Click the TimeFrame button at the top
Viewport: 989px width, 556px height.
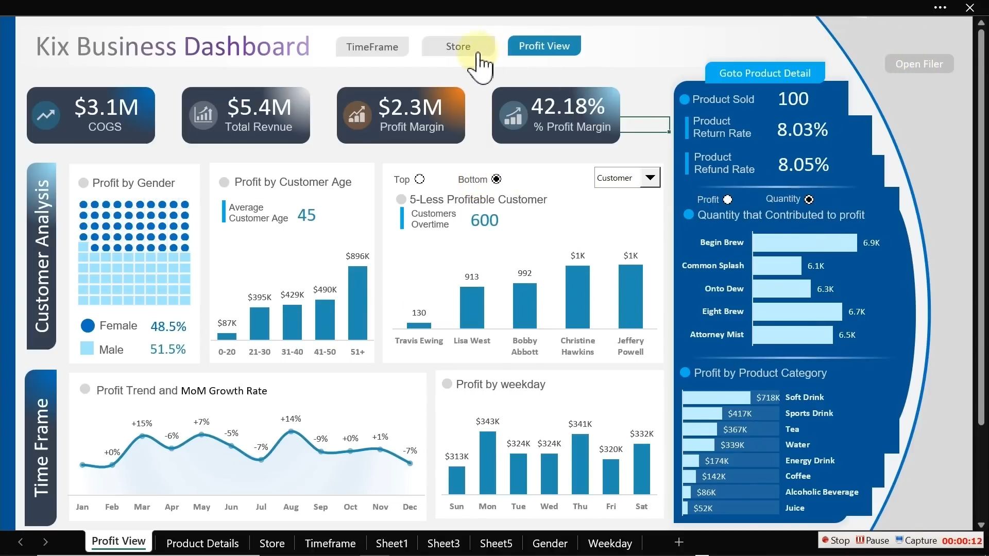[372, 47]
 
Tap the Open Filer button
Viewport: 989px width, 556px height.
[919, 64]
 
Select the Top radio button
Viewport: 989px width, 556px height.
[420, 179]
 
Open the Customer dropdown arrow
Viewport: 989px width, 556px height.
[650, 178]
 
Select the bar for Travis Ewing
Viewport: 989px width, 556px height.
[419, 325]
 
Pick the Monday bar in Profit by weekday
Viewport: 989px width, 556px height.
[487, 462]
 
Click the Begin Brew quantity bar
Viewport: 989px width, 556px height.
[804, 242]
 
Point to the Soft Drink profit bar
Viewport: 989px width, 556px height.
[717, 397]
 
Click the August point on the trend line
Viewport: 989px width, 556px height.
[291, 431]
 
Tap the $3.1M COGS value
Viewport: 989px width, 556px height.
[106, 107]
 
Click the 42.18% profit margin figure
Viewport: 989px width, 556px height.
[568, 107]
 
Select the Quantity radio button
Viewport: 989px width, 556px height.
[809, 200]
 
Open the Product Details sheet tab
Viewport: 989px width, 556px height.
[202, 543]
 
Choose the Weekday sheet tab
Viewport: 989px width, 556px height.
[610, 543]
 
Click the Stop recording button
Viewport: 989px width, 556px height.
[835, 540]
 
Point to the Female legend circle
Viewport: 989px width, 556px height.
[88, 326]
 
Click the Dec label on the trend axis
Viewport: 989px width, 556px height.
[410, 507]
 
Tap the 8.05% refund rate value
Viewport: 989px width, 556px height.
[803, 165]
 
